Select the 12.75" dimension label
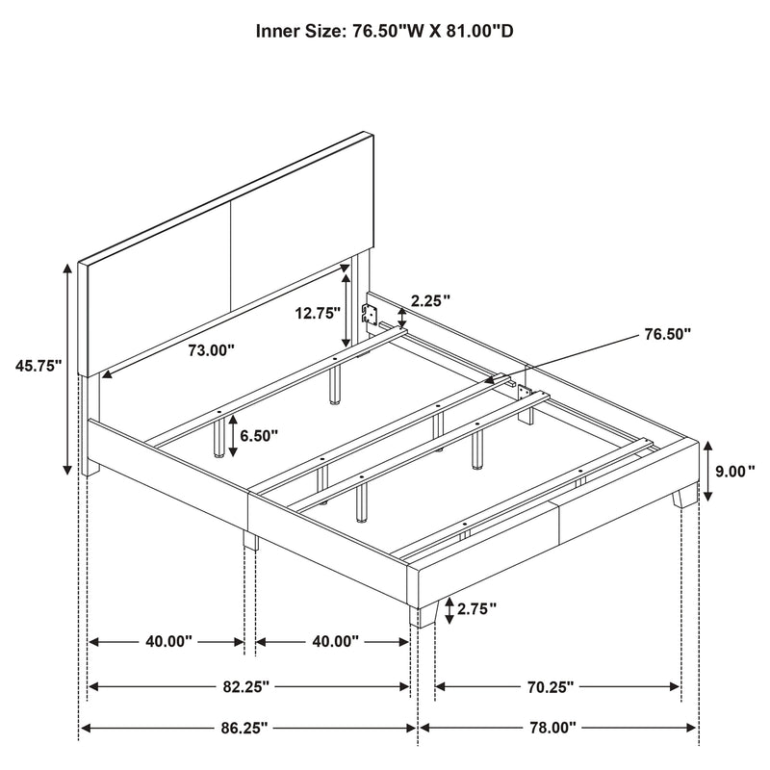point(317,313)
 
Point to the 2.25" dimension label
point(431,301)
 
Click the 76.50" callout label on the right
point(665,334)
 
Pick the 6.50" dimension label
point(259,435)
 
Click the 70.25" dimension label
point(553,687)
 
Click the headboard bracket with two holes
point(369,313)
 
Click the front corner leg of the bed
point(416,611)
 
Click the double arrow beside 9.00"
point(707,472)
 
